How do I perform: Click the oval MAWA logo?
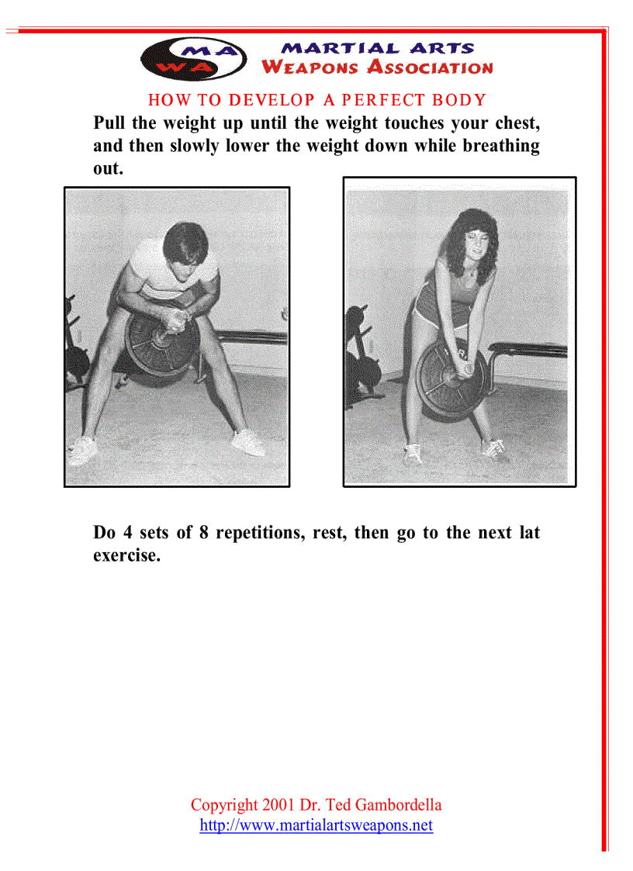194,58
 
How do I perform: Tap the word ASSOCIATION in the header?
430,67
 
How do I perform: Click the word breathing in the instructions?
500,146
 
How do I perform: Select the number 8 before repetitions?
202,533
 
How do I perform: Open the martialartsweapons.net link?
316,825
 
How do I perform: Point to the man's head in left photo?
185,250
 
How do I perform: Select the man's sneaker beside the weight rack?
82,449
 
